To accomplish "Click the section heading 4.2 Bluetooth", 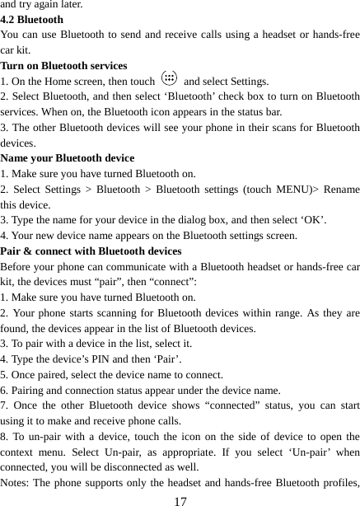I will tap(32, 19).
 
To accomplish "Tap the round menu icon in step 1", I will tap(169, 80).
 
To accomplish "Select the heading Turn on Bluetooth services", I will tap(64, 65).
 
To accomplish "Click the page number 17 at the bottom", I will tap(180, 500).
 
